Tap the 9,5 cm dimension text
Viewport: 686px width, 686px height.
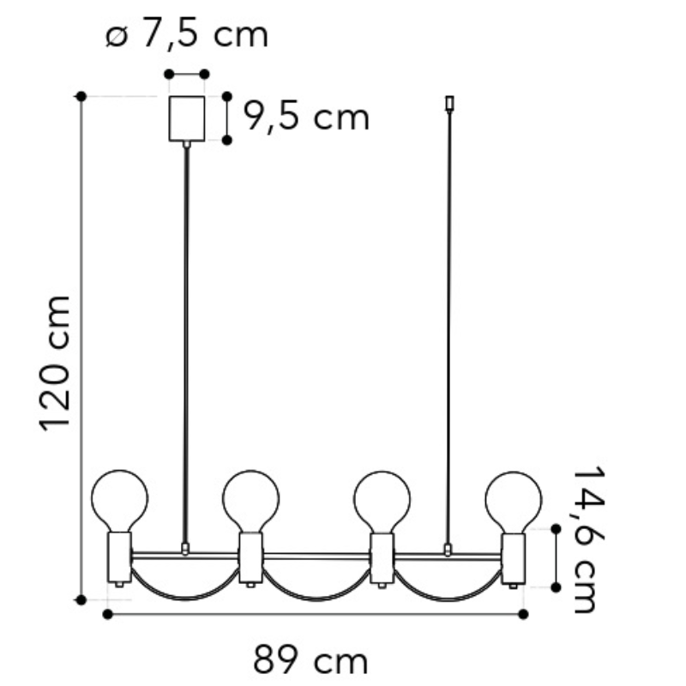click(x=306, y=117)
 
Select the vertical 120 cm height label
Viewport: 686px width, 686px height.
click(x=56, y=363)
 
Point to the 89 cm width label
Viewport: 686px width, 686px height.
click(x=310, y=660)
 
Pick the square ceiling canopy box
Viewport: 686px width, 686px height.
click(x=187, y=118)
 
